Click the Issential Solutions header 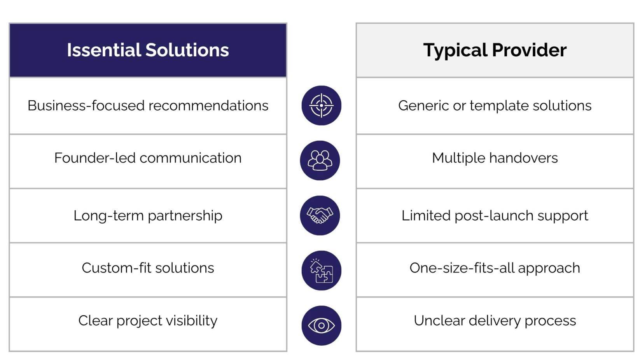148,50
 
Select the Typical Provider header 495,50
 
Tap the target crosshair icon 322,105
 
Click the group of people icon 320,160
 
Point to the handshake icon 320,215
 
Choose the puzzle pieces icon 322,271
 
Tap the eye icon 322,325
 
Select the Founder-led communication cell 148,161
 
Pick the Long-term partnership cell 148,216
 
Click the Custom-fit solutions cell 148,270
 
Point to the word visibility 192,321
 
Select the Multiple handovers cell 495,161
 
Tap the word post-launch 494,216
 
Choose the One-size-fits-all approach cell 495,270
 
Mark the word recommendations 208,105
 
